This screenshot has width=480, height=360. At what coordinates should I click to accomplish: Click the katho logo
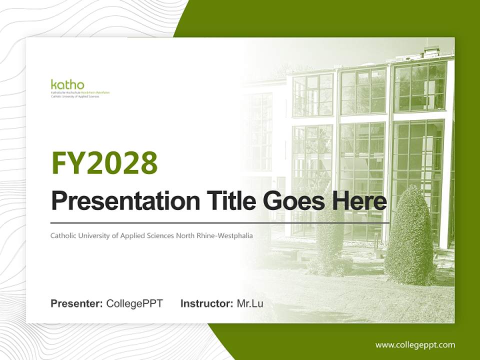(x=67, y=85)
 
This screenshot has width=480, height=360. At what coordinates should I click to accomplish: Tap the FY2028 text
(x=104, y=162)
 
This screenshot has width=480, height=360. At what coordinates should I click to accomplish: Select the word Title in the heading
(x=223, y=201)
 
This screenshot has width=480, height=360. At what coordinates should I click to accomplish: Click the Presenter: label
(x=77, y=303)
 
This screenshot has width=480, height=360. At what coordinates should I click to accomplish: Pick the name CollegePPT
(x=134, y=303)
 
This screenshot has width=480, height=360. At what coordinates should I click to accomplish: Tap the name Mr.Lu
(x=250, y=303)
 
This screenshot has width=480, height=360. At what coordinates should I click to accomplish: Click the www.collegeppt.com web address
(x=415, y=344)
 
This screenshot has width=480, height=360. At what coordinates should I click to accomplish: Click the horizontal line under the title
(x=220, y=222)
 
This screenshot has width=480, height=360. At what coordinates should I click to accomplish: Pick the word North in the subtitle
(x=185, y=235)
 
